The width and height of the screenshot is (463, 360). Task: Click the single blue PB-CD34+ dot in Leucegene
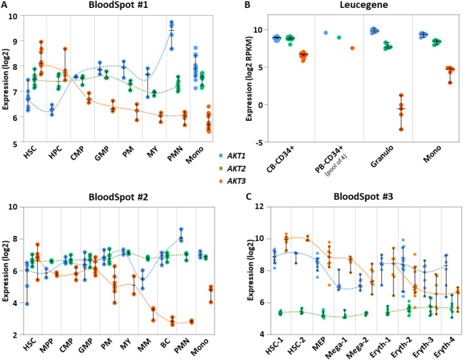tap(326, 33)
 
